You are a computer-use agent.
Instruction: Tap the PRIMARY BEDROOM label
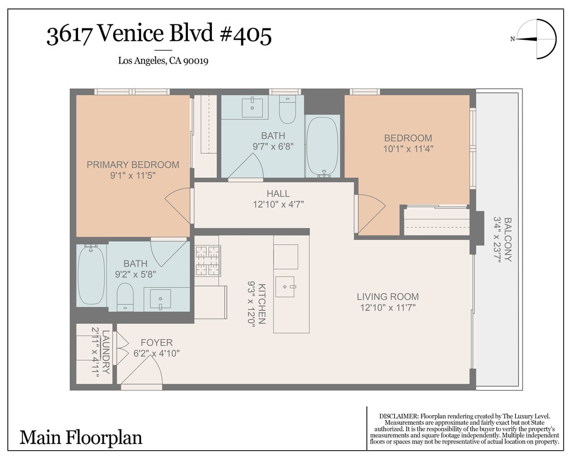click(133, 165)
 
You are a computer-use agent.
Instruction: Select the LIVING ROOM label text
click(388, 297)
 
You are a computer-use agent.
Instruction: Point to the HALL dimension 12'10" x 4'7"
click(279, 204)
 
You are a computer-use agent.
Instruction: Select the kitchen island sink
click(285, 287)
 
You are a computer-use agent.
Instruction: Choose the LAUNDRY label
click(106, 352)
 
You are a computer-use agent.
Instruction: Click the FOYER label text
click(157, 343)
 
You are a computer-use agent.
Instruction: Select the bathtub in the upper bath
click(323, 147)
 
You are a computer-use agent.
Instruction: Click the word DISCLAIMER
click(399, 416)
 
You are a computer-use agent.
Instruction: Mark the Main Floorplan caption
click(81, 437)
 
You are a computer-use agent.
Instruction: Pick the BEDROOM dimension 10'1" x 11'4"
click(408, 149)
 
